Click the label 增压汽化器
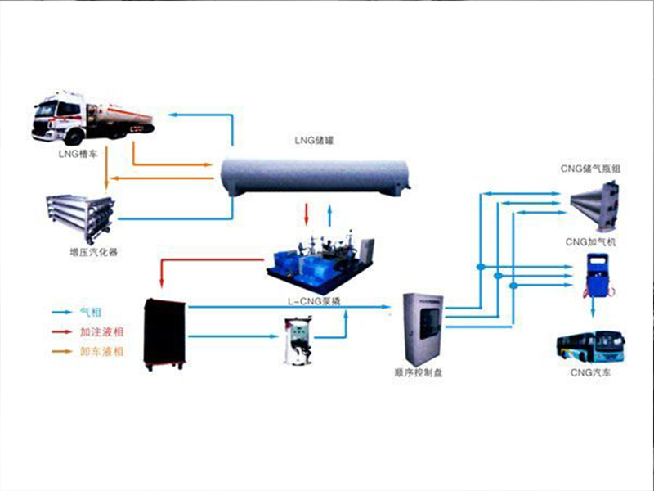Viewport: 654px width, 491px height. [x=94, y=252]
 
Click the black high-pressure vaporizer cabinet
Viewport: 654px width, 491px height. [x=165, y=333]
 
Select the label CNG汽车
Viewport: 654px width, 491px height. [x=589, y=373]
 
